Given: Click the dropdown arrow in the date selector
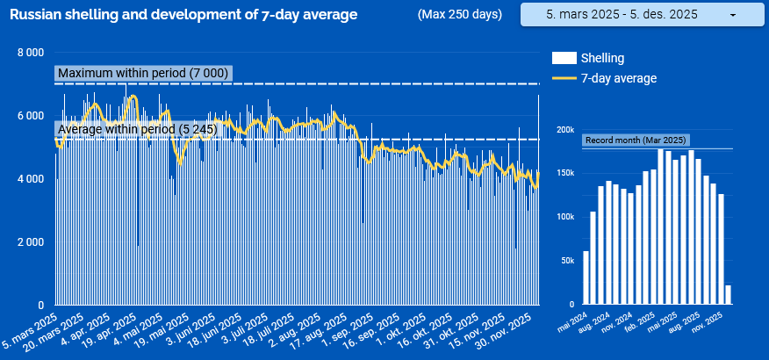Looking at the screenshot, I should click(732, 16).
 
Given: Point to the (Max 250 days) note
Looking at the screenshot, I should click(460, 15).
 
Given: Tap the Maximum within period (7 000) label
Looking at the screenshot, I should click(142, 74).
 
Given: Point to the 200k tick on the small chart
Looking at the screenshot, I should click(564, 128).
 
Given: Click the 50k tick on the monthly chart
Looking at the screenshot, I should click(566, 261).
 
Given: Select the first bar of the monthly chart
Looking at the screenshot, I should click(586, 277).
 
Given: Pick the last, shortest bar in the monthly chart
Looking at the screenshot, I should click(728, 294).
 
